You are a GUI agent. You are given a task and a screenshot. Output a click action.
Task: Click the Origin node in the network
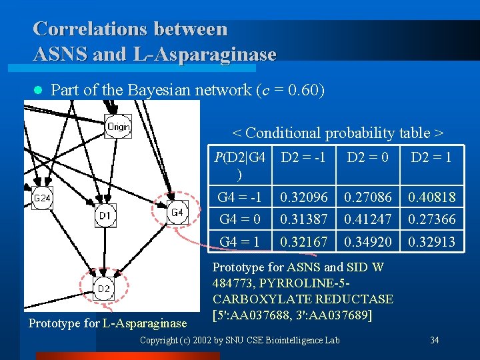[118, 126]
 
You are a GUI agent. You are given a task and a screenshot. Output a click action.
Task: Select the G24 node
[42, 198]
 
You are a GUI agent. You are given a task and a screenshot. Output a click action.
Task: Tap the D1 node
[105, 215]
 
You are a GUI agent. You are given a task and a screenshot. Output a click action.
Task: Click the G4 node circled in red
[177, 213]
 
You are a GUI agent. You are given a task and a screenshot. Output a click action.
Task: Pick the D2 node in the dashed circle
[103, 289]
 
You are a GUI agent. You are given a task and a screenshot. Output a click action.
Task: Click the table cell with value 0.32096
[304, 198]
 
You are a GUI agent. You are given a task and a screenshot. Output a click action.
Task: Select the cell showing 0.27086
[367, 198]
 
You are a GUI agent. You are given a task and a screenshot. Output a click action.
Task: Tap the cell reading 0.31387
[304, 219]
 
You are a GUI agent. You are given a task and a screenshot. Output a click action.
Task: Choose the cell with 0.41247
[367, 219]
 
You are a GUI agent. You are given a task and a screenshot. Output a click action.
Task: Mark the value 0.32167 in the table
[304, 242]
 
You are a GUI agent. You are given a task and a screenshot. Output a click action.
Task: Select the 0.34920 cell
[367, 242]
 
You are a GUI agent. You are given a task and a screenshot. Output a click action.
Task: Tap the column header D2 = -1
[303, 158]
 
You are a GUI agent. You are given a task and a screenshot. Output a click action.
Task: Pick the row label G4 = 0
[240, 219]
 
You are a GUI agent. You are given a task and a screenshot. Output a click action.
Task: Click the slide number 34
[434, 340]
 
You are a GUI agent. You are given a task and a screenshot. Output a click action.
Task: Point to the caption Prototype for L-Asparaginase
[107, 323]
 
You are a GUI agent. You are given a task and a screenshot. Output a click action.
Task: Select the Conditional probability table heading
[338, 133]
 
